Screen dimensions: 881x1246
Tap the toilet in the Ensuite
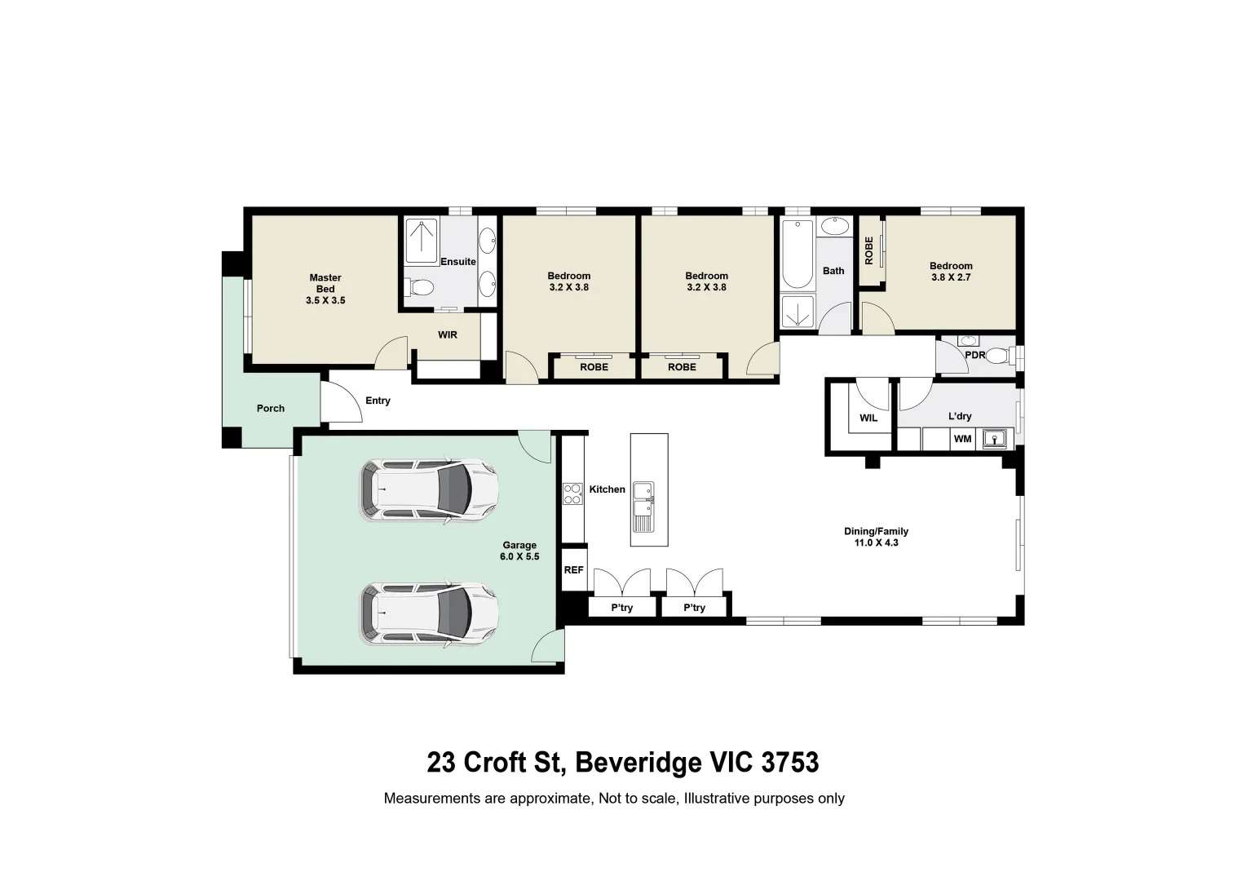[x=420, y=287]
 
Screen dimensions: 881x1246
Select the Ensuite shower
[x=422, y=241]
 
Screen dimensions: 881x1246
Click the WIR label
[x=448, y=335]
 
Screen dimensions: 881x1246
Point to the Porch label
[x=271, y=409]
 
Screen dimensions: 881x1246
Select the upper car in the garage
[x=429, y=490]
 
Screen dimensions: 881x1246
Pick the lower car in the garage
[x=429, y=614]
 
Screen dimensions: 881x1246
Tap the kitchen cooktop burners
[x=572, y=494]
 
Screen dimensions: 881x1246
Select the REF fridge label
[x=573, y=570]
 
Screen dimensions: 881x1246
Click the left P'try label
[x=622, y=608]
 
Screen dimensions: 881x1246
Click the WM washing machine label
[x=963, y=439]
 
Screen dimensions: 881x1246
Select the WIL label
[x=868, y=418]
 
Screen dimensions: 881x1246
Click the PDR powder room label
[x=974, y=356]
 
